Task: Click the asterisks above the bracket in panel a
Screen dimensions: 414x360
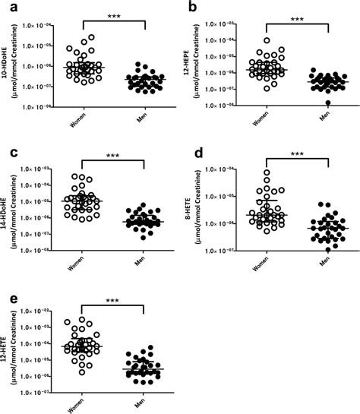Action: (x=115, y=15)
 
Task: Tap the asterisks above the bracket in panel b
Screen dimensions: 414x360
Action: (x=298, y=14)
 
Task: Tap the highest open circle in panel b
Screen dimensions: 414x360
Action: (x=267, y=40)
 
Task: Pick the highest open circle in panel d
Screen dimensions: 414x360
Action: (x=267, y=173)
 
